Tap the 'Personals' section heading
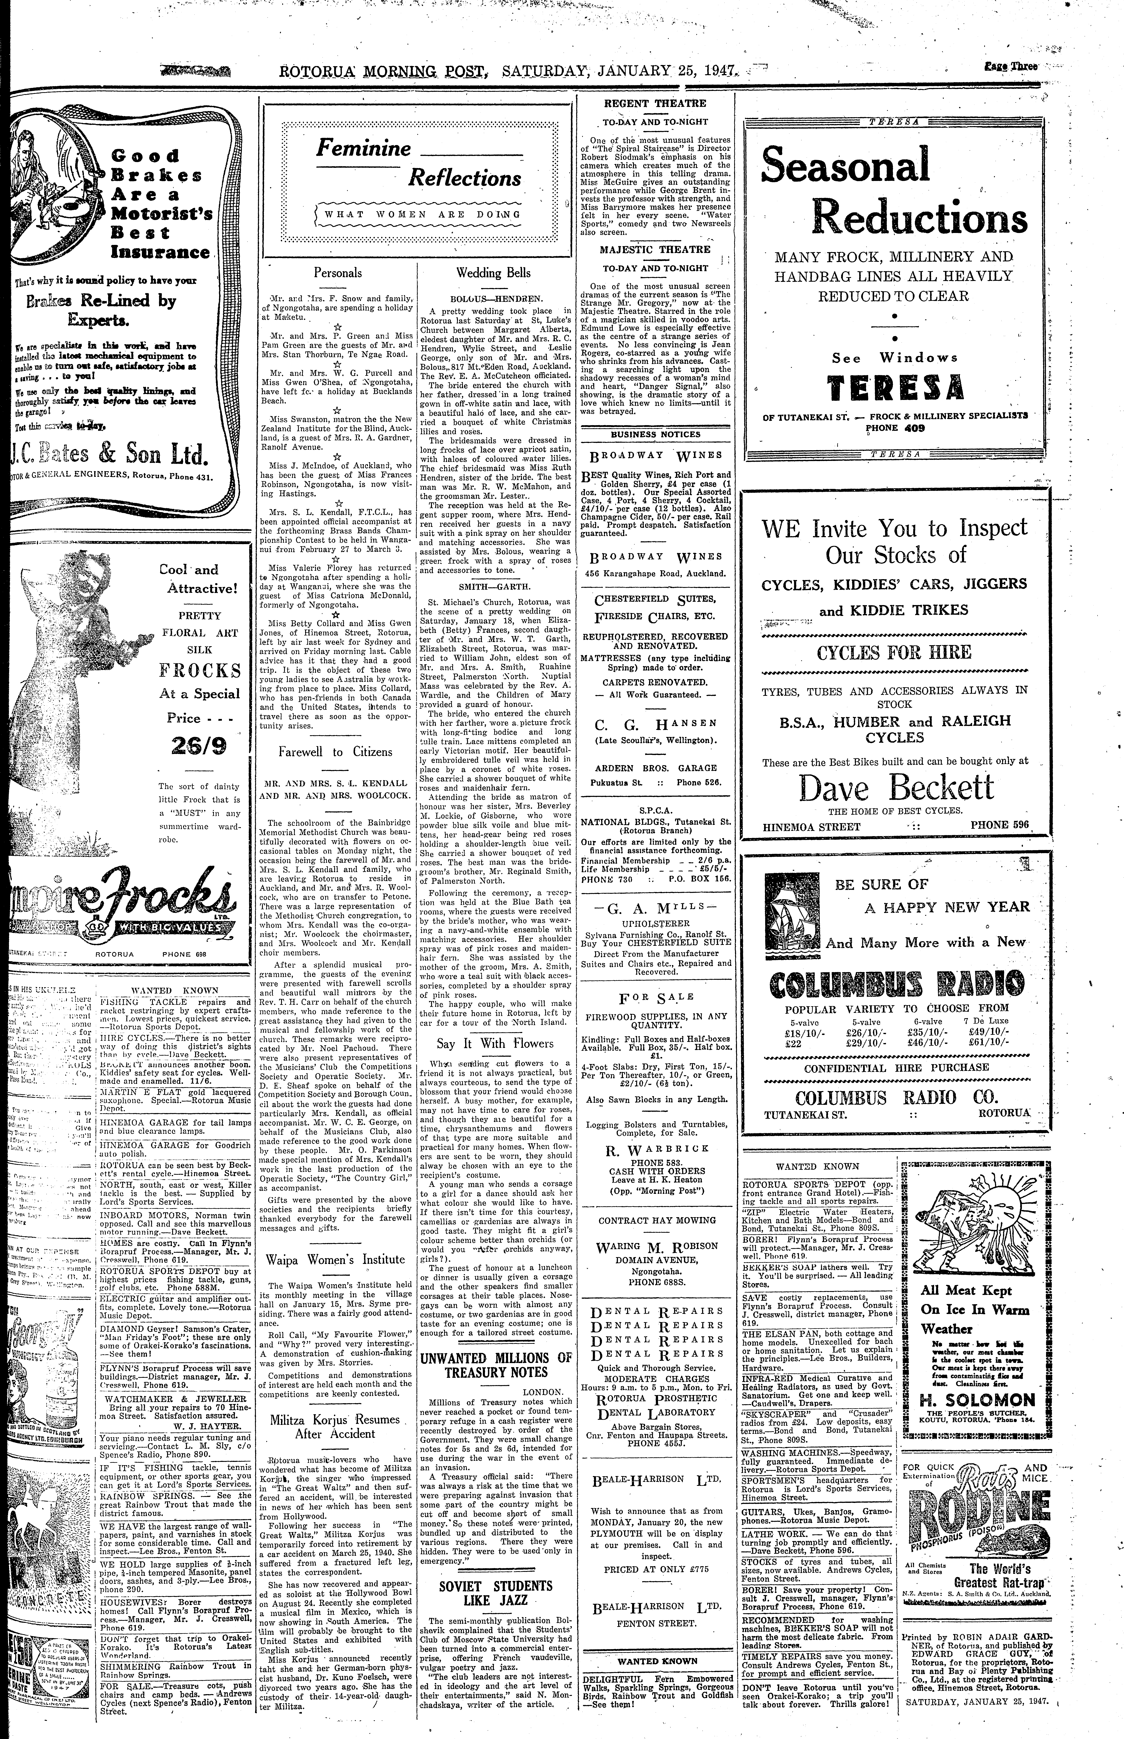click(337, 273)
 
